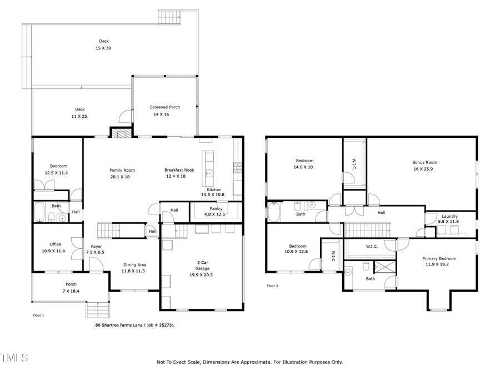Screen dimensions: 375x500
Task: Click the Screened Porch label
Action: (x=164, y=107)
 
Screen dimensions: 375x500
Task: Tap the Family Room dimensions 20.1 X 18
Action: (x=122, y=177)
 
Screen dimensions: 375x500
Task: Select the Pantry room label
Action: (x=216, y=209)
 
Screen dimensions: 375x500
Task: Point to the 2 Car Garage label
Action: (x=202, y=265)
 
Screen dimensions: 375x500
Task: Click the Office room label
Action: (x=55, y=244)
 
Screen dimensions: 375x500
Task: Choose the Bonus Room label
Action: (x=424, y=162)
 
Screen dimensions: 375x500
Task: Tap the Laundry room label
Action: (x=450, y=216)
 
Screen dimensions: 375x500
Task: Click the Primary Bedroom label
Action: (x=439, y=258)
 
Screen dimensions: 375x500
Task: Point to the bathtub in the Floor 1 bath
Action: (x=40, y=212)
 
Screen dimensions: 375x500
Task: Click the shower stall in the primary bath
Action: (x=384, y=267)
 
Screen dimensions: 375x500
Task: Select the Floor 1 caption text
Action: (x=38, y=315)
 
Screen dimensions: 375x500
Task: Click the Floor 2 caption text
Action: (x=272, y=286)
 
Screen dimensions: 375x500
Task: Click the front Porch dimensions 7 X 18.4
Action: (x=71, y=291)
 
